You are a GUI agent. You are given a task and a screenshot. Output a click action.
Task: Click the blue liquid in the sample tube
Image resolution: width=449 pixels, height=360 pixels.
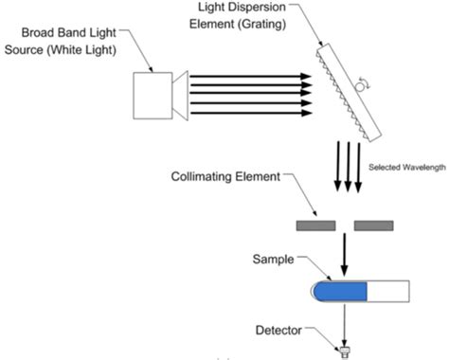point(340,290)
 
